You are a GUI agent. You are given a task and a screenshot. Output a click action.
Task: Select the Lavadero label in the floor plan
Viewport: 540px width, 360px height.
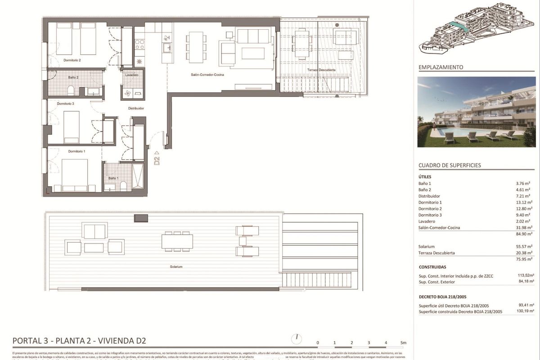pos(131,75)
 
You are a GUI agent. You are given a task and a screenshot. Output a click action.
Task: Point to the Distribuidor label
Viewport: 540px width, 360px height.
pos(135,108)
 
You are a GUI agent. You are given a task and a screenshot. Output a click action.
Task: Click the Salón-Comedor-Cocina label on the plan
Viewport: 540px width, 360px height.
pos(207,75)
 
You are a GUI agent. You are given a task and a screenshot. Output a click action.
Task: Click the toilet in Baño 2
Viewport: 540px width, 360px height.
pos(71,91)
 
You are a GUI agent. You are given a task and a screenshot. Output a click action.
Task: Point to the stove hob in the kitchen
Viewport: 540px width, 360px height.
pos(139,44)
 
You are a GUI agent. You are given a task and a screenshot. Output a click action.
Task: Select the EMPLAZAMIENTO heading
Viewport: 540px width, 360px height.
pos(441,67)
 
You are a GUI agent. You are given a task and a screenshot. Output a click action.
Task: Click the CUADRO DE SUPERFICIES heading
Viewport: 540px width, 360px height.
pos(450,165)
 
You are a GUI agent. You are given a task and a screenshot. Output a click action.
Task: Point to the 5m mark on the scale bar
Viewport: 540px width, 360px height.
pos(403,343)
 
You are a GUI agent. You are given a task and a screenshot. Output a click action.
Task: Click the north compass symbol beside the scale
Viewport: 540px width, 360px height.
pos(297,337)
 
